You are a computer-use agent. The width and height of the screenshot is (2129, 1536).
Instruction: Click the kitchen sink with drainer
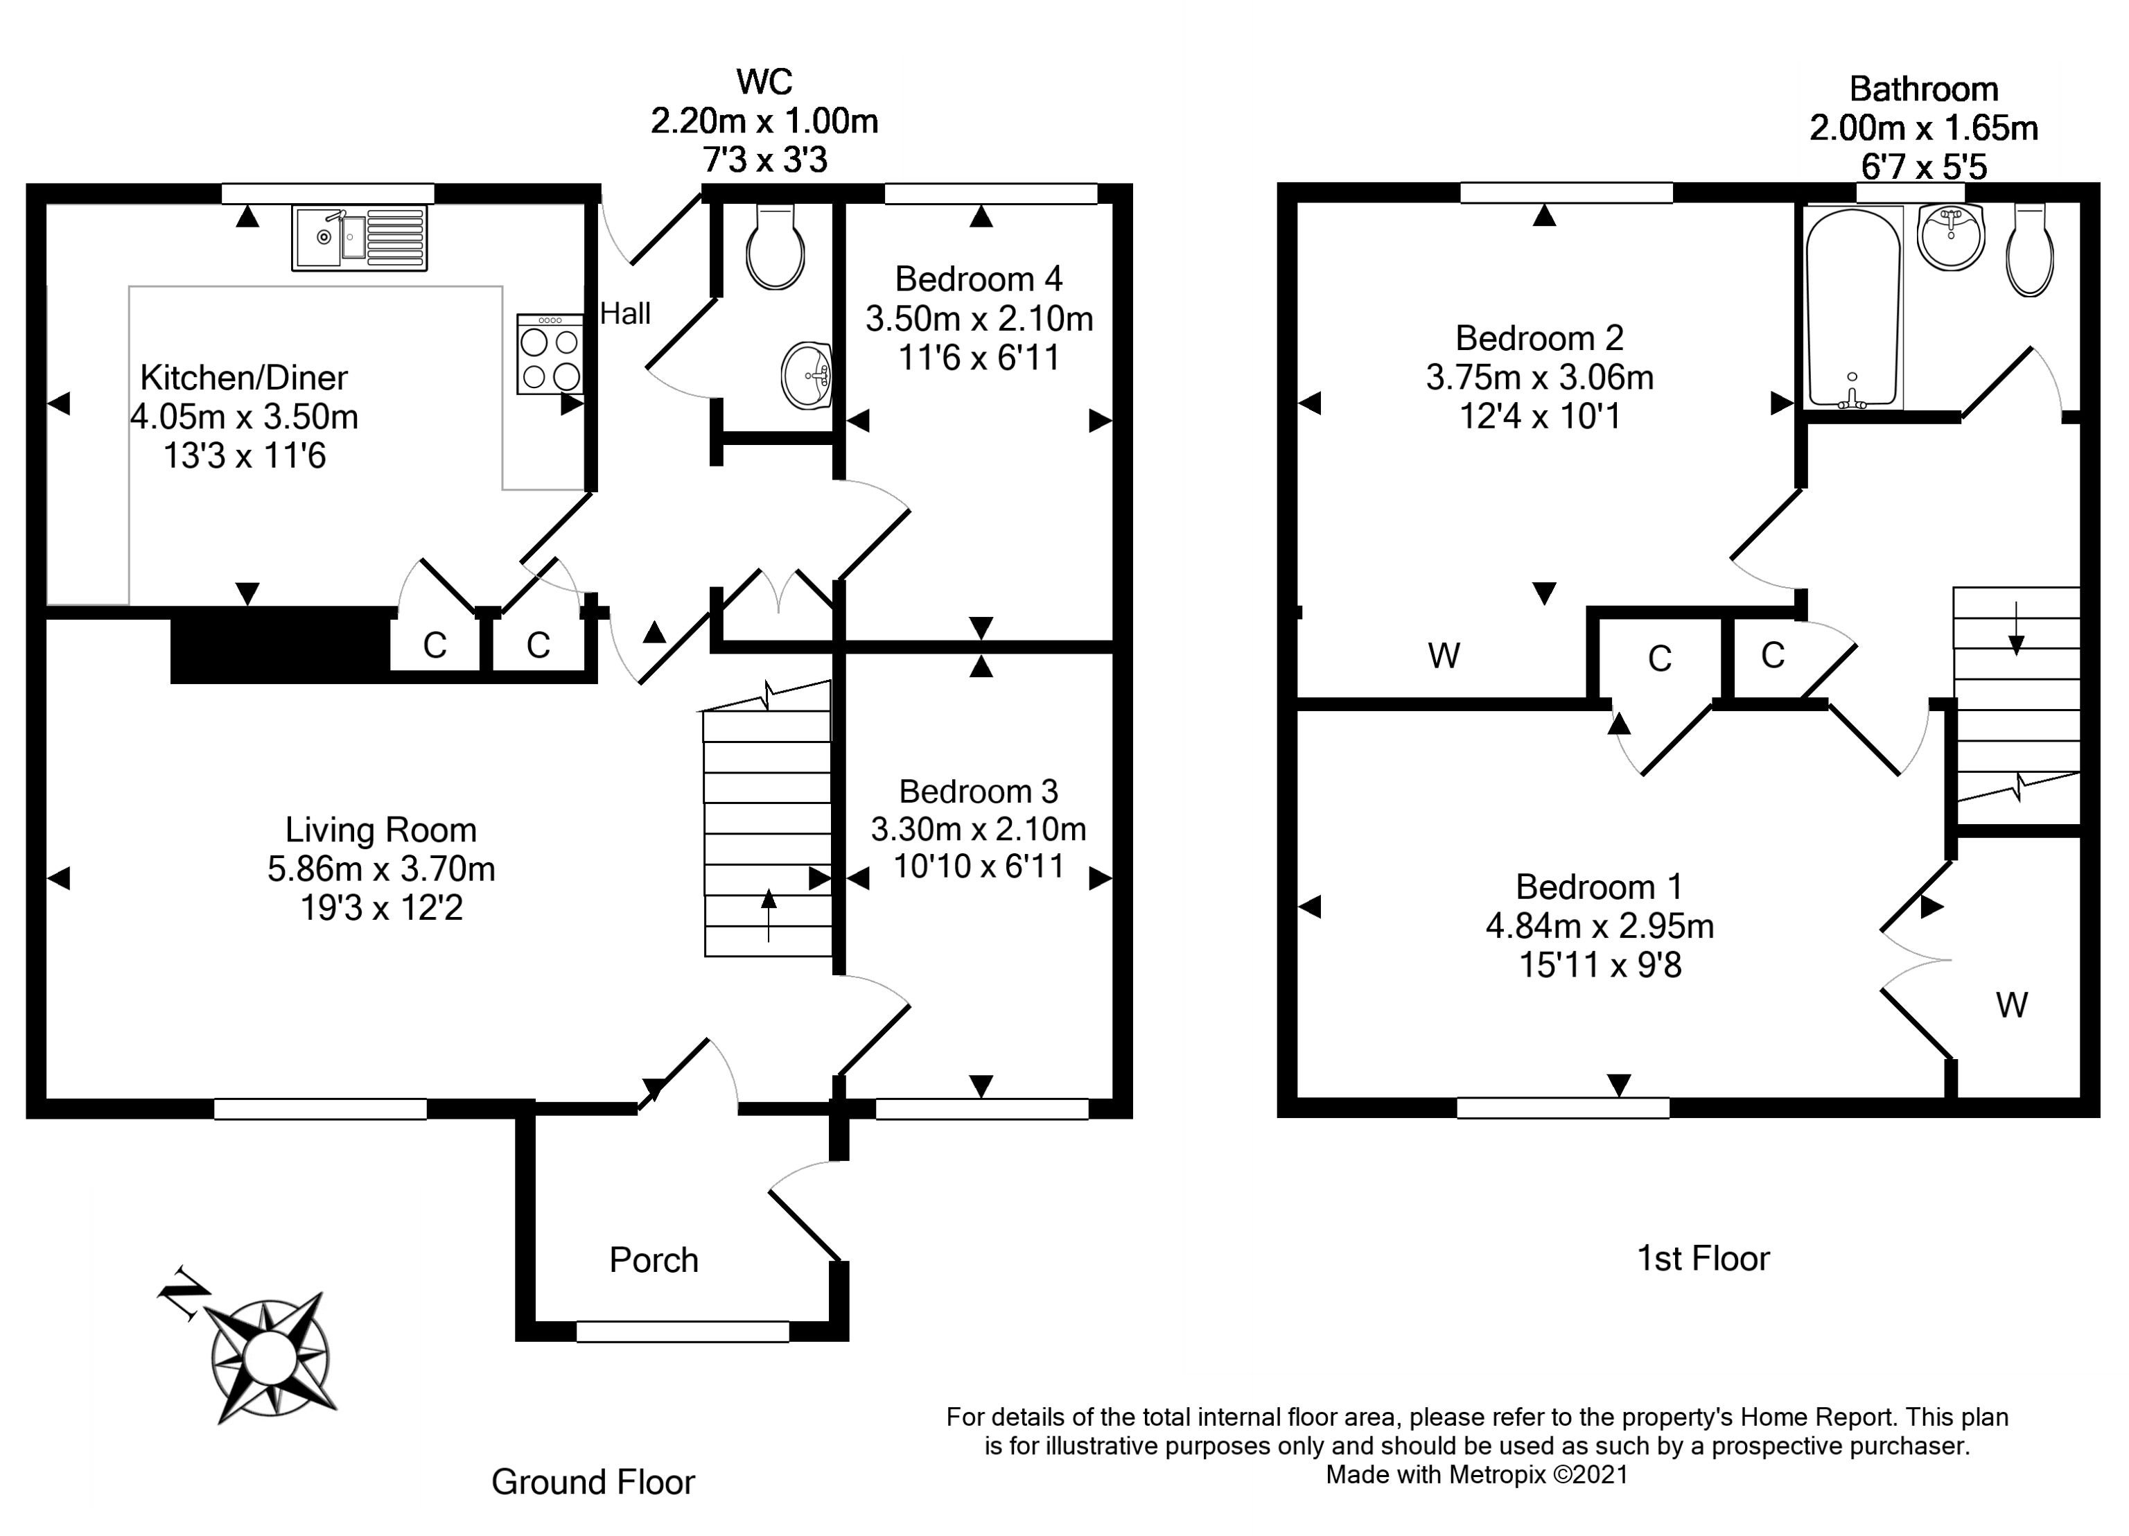point(360,238)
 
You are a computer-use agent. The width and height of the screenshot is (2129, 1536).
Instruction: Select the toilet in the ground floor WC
point(774,247)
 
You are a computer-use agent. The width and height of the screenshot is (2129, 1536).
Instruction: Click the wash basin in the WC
point(807,376)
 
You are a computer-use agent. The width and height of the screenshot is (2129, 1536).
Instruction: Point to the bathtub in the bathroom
point(1854,308)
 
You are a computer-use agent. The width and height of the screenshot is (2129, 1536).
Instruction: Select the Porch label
point(654,1260)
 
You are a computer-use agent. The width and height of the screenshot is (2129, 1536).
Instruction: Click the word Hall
point(625,313)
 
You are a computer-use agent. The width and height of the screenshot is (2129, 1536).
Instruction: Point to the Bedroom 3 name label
point(978,792)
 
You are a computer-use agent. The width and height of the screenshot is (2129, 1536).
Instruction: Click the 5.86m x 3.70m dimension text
point(381,869)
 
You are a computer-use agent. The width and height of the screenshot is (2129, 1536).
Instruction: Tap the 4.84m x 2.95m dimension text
point(1600,926)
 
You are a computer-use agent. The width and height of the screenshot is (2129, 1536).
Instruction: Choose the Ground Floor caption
point(593,1481)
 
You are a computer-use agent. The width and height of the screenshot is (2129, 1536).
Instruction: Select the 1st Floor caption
point(1703,1258)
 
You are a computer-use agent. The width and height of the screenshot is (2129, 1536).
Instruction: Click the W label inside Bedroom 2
point(1444,655)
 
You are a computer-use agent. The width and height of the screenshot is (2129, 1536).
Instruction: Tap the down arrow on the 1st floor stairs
point(2015,627)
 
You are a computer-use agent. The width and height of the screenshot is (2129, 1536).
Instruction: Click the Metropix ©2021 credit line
point(1477,1474)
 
